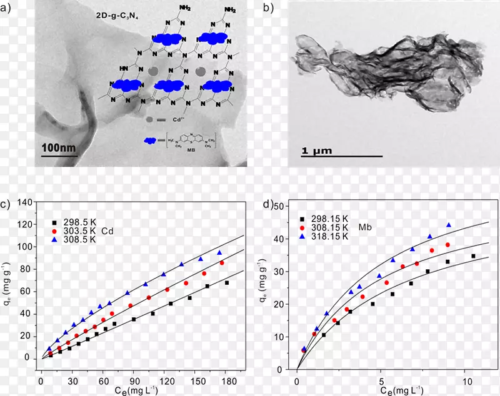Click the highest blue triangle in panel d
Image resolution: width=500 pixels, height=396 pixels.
click(x=449, y=225)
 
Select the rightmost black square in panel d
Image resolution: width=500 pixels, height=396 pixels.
click(x=473, y=256)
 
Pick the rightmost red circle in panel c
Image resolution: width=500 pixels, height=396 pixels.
click(x=222, y=263)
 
